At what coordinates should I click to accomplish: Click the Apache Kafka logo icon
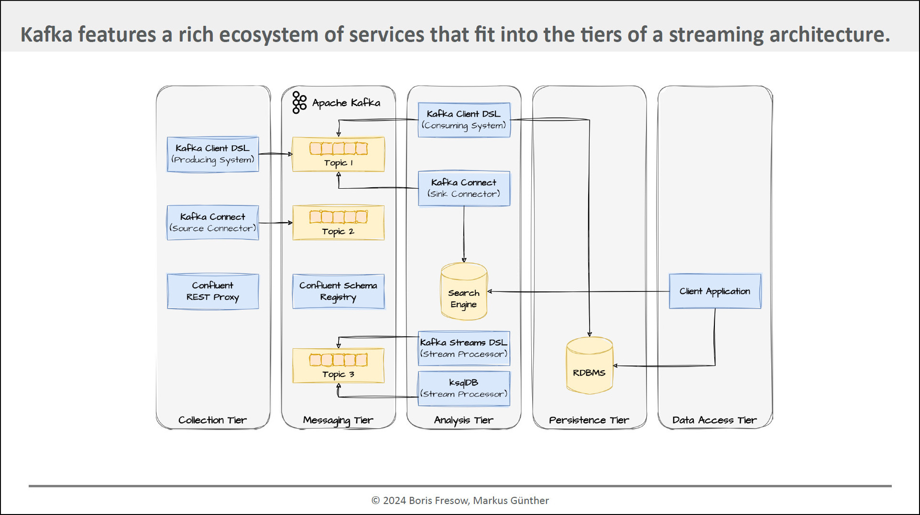click(x=299, y=103)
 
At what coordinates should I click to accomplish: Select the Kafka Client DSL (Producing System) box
click(x=213, y=154)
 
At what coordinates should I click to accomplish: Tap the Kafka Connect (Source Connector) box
click(x=213, y=223)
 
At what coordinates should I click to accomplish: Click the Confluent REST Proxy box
click(x=213, y=291)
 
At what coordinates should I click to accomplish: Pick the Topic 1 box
click(x=339, y=154)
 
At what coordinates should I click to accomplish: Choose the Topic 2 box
click(x=339, y=223)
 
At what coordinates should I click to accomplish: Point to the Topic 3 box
click(x=339, y=365)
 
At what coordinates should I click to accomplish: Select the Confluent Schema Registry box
click(x=339, y=291)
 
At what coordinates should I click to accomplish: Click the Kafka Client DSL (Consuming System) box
click(x=464, y=120)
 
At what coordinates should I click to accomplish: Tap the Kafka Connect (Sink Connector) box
click(x=464, y=189)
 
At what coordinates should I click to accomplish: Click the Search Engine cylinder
click(x=464, y=291)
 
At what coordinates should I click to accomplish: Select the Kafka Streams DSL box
click(x=464, y=348)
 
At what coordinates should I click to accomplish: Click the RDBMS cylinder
click(x=590, y=366)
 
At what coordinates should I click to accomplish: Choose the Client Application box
click(x=715, y=291)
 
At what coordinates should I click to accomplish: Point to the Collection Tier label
click(x=213, y=420)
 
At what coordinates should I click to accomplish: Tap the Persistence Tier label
click(x=589, y=420)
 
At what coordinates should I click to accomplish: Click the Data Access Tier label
click(x=714, y=420)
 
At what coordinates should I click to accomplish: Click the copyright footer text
click(x=460, y=501)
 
